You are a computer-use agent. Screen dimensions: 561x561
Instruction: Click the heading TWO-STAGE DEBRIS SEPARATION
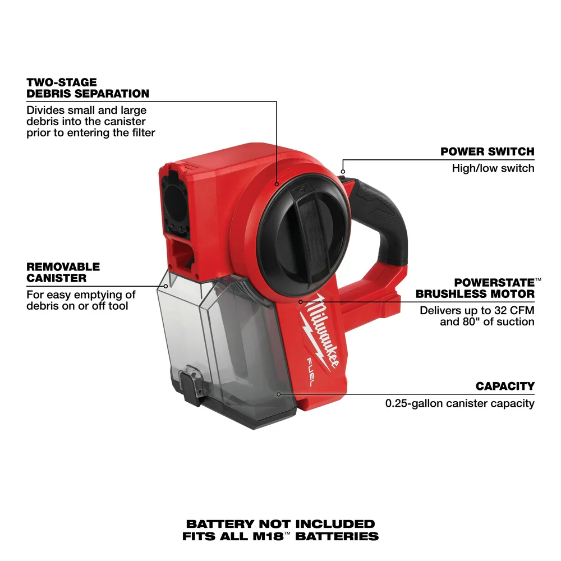(x=88, y=88)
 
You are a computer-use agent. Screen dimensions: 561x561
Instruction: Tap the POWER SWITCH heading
(x=487, y=151)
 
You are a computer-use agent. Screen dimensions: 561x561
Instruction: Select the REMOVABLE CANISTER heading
(x=63, y=272)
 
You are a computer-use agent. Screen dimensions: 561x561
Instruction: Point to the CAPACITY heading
(x=505, y=386)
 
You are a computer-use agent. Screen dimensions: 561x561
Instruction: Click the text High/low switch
(x=493, y=168)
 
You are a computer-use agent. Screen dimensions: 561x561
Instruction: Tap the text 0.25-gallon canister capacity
(x=459, y=403)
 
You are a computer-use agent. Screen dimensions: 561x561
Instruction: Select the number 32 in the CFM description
(x=494, y=310)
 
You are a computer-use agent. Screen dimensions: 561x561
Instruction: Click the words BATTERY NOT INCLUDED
(x=280, y=524)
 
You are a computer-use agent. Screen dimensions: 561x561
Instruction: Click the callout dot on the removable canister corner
(x=165, y=286)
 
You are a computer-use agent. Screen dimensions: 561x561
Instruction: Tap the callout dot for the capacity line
(x=278, y=394)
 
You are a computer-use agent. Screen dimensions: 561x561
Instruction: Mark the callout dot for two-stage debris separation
(x=277, y=183)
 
